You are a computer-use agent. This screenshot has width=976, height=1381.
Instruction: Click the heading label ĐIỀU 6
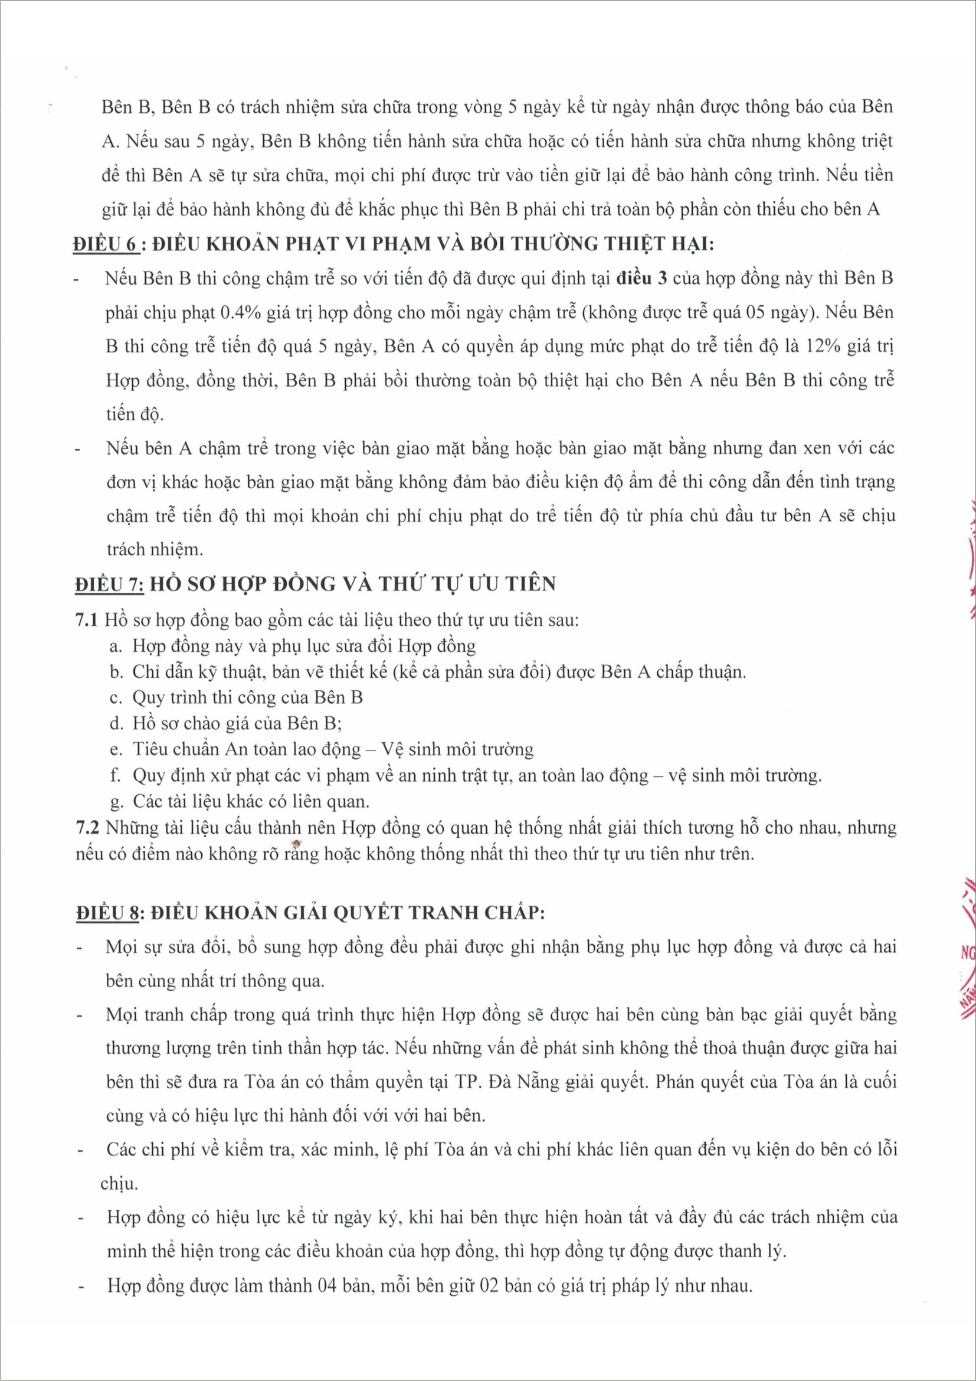tap(106, 245)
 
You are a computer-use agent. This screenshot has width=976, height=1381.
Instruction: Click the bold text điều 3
tap(642, 279)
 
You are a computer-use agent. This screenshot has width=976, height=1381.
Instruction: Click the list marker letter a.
tap(116, 647)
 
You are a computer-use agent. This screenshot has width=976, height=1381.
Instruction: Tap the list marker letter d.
tap(116, 724)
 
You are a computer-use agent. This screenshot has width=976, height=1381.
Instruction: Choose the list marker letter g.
tap(116, 802)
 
